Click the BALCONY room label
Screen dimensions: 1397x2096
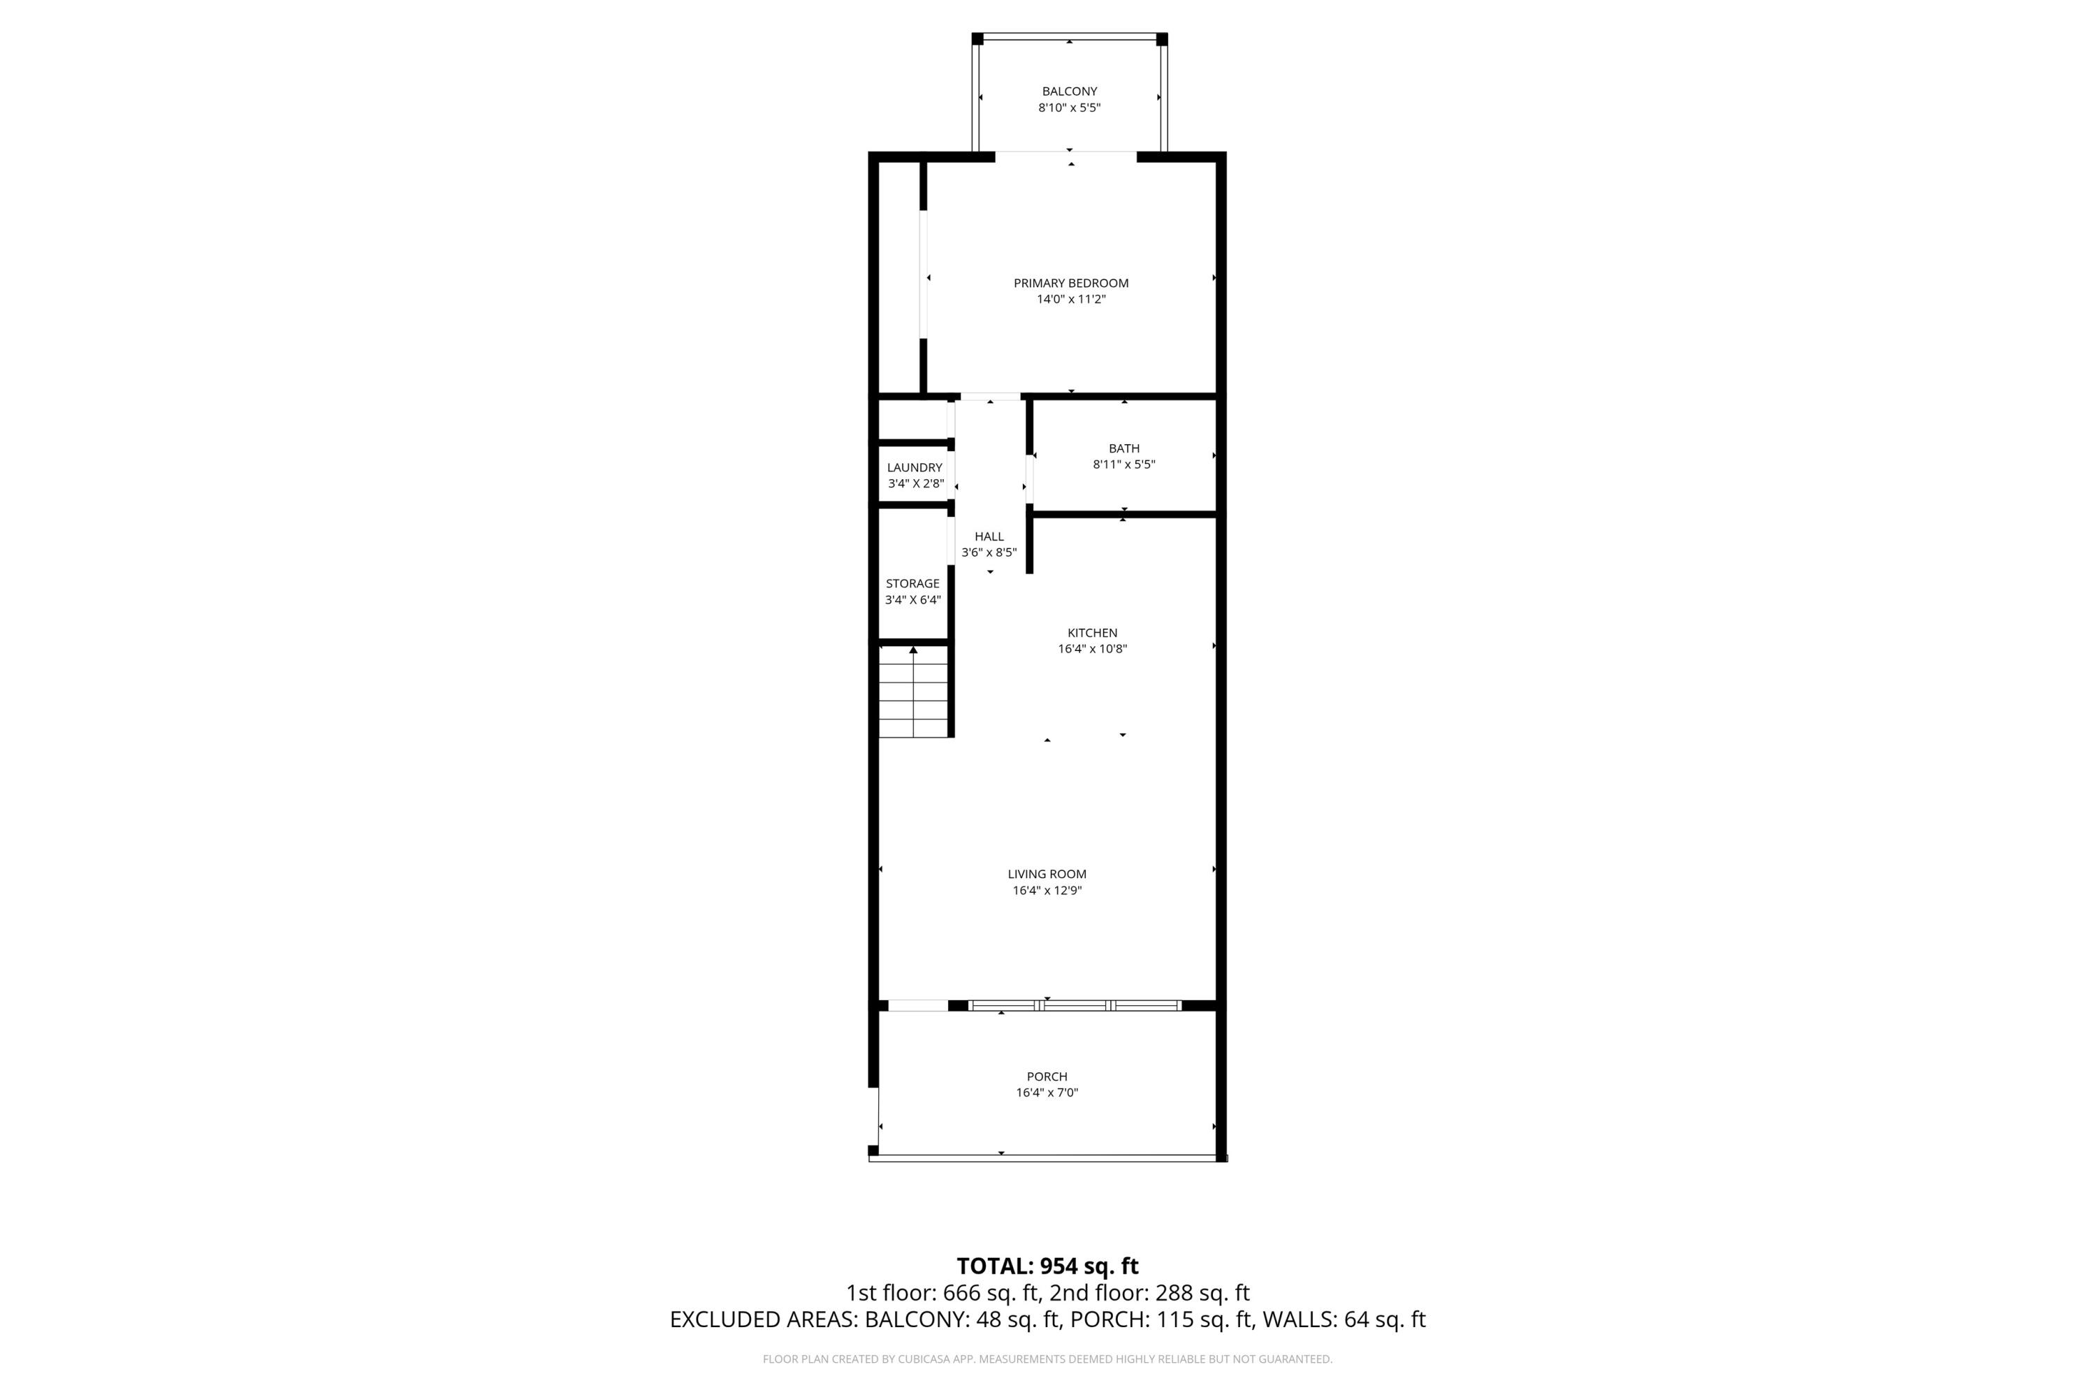(1070, 92)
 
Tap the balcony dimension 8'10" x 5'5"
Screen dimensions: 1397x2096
(1070, 108)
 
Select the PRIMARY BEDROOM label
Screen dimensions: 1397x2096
(1070, 284)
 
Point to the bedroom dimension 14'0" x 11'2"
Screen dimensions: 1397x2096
(1070, 300)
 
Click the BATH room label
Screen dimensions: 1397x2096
(1123, 448)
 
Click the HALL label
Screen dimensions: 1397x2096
(989, 536)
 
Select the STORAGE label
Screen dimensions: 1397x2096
(912, 583)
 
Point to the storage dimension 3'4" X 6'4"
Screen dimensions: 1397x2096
(912, 599)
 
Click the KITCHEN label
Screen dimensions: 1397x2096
(1093, 633)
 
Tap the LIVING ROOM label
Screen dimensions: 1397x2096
(1047, 874)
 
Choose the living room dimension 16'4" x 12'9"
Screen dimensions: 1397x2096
(1047, 890)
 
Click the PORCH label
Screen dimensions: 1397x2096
(1047, 1076)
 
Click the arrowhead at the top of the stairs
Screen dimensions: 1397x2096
(913, 650)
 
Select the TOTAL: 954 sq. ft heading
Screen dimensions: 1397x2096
(1047, 1266)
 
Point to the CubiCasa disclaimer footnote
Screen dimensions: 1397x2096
(1047, 1359)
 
